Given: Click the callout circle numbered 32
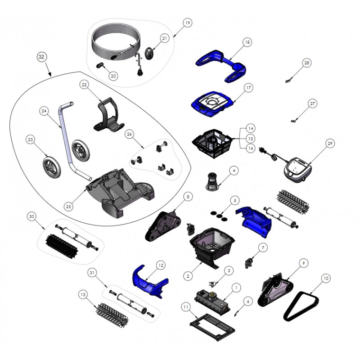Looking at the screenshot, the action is coord(41,57).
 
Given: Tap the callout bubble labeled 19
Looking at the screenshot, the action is coord(188,23).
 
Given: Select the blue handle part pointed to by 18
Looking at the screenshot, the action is coord(220,66).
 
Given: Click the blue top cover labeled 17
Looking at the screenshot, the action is coord(212,104).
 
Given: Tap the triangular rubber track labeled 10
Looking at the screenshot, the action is coord(301,306).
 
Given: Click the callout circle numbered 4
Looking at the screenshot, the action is coord(234,171).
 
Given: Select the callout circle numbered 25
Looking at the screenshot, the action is coord(68,207).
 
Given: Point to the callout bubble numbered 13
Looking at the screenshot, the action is coord(83,294).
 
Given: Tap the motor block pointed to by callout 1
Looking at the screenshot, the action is coord(212,302).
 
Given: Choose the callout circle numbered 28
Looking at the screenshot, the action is coord(307,63).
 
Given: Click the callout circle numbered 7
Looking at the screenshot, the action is coord(263,247).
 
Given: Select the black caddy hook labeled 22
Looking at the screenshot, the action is coord(108,116).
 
